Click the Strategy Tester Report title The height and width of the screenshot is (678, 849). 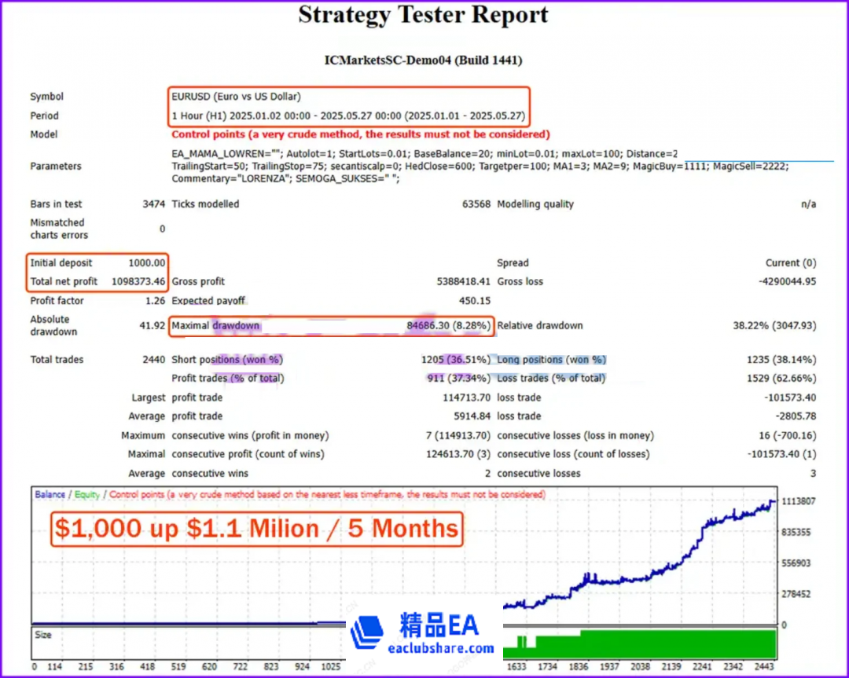pyautogui.click(x=423, y=16)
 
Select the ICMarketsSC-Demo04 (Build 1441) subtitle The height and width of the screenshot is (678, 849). pyautogui.click(x=423, y=60)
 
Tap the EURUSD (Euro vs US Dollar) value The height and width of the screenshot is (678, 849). pyautogui.click(x=236, y=97)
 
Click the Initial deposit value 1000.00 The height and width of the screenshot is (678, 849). pyautogui.click(x=147, y=263)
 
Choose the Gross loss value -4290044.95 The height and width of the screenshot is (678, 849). pyautogui.click(x=778, y=281)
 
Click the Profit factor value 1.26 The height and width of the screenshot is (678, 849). pyautogui.click(x=155, y=301)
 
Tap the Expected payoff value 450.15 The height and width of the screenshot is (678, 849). pyautogui.click(x=474, y=301)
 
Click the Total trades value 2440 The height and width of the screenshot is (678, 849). pyautogui.click(x=153, y=360)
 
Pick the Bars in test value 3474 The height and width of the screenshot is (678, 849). pyautogui.click(x=153, y=204)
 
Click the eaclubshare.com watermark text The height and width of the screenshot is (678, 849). pyautogui.click(x=441, y=649)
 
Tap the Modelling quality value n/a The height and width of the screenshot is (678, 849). pyautogui.click(x=807, y=204)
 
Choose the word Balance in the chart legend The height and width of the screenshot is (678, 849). pyautogui.click(x=50, y=495)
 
